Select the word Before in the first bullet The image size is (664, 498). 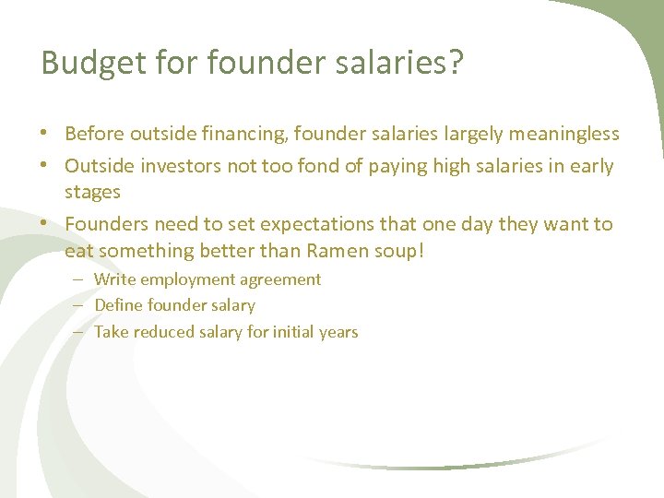95,134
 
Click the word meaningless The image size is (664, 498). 562,134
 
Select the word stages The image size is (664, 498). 92,193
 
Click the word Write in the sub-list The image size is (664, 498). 114,279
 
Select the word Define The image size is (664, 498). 118,305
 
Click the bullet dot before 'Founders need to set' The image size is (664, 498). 45,224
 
